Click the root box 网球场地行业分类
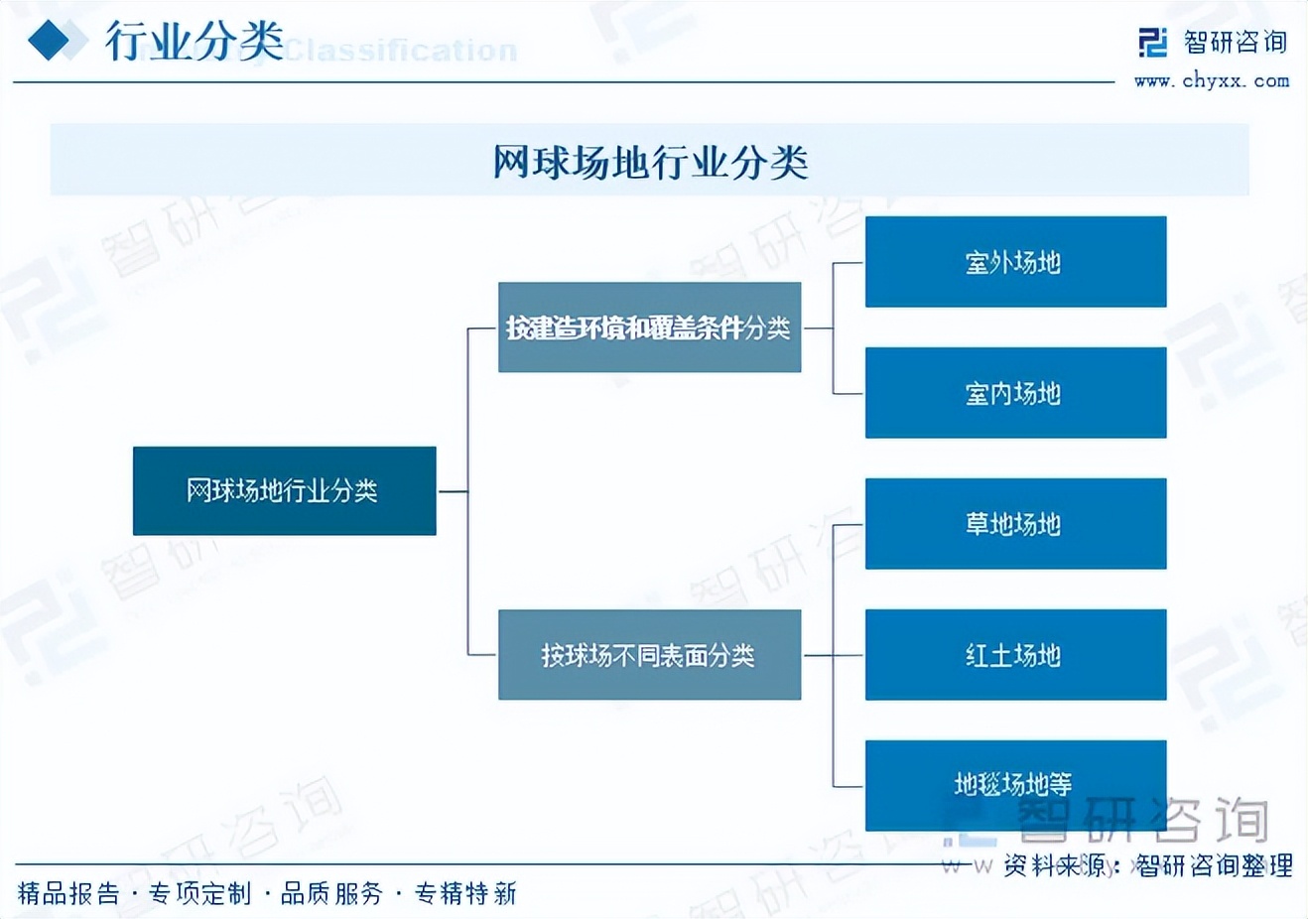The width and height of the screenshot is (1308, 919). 284,490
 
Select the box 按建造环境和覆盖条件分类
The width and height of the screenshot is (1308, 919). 649,328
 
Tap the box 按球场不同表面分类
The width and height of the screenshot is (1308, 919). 649,655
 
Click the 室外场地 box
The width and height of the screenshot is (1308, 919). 1015,262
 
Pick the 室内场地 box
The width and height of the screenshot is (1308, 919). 1015,393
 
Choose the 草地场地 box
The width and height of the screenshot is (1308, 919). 1015,524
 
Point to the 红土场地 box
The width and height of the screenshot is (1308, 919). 1015,655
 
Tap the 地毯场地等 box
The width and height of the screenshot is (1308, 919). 1015,785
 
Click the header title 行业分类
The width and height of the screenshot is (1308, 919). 195,42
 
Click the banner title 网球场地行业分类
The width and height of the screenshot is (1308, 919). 650,162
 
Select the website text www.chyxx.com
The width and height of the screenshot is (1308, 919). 1212,81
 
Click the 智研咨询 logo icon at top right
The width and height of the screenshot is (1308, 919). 1152,43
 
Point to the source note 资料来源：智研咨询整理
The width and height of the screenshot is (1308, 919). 1147,865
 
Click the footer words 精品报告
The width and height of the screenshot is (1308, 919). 68,894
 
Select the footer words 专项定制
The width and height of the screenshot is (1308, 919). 200,894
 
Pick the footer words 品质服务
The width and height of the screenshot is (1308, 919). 331,894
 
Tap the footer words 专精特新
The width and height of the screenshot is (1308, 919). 465,894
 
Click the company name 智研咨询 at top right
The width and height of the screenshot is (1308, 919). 1236,42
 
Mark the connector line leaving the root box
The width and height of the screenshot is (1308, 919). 452,490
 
